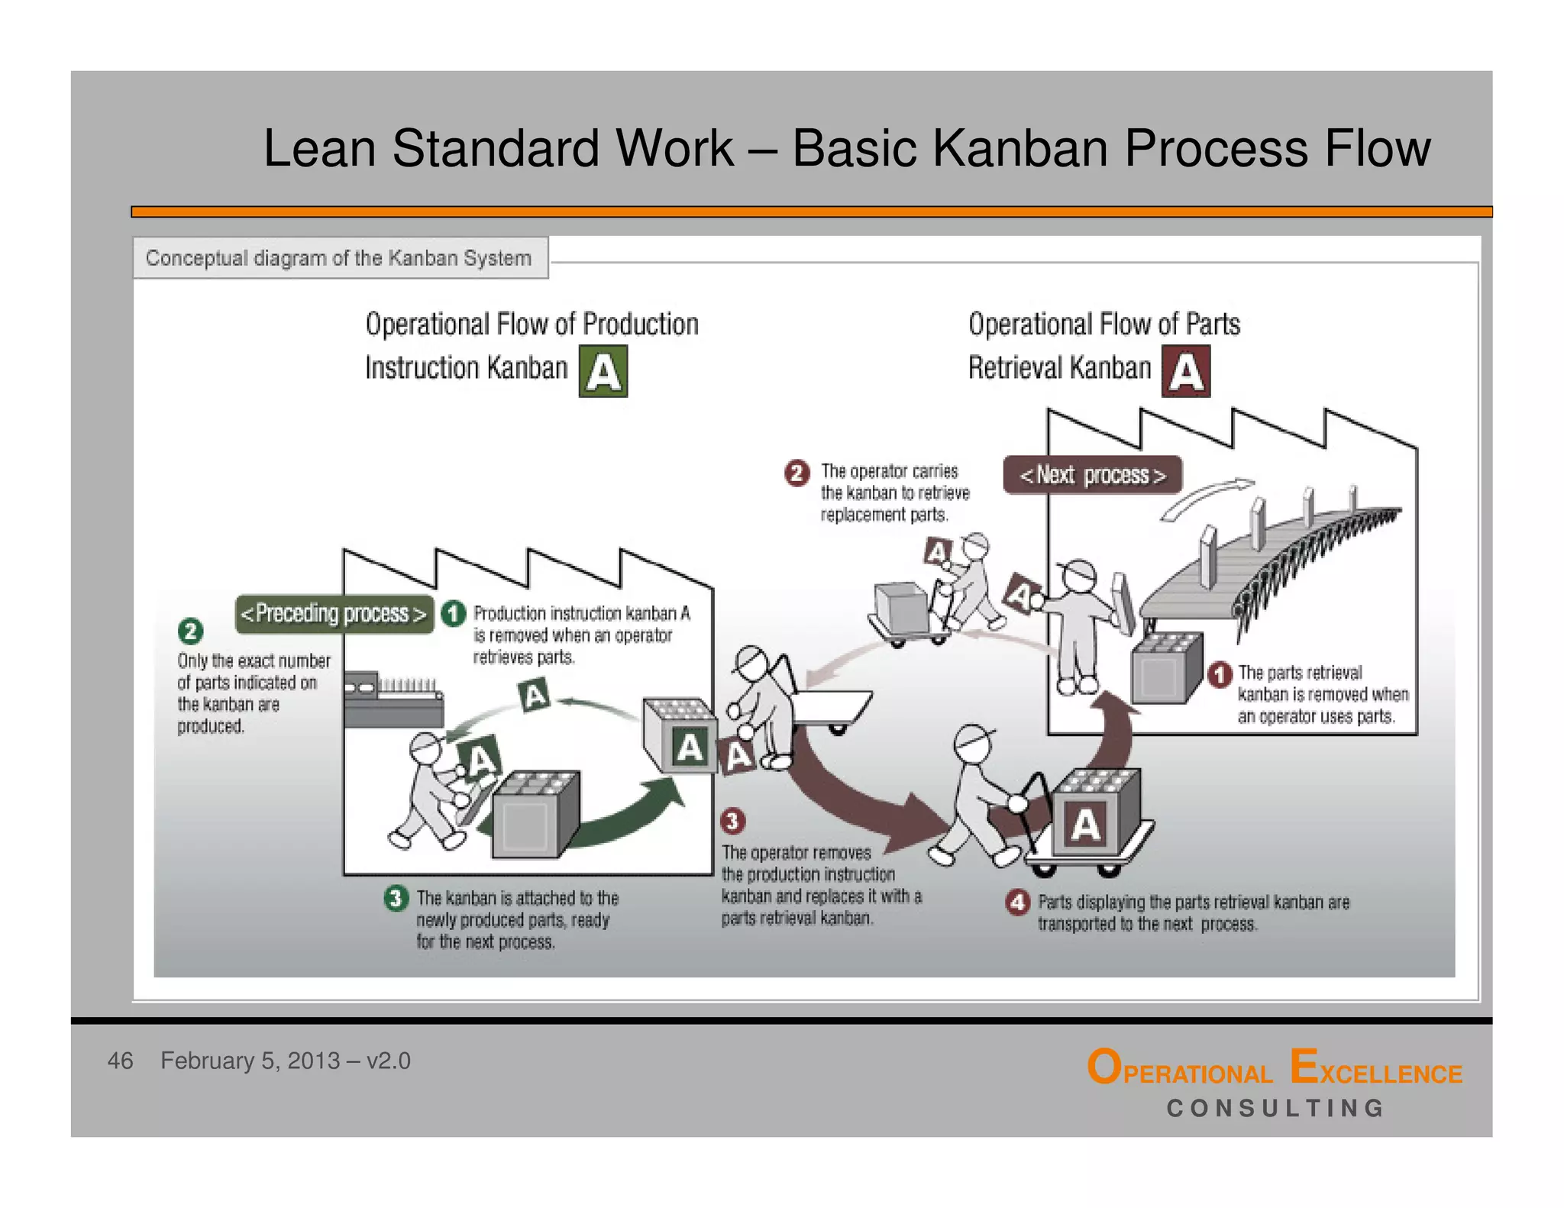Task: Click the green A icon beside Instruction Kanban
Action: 603,371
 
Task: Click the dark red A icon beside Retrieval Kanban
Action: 1185,371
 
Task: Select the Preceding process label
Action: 334,614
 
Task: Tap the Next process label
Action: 1092,475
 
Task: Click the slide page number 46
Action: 120,1061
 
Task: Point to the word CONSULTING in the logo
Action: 1275,1108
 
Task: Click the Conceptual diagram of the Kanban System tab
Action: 339,258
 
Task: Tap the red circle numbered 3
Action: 732,821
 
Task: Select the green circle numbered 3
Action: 396,898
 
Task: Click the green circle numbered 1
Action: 454,613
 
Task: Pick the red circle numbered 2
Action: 797,473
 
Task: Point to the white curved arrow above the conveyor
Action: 1207,499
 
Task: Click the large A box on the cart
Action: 1085,825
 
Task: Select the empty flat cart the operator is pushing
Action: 832,706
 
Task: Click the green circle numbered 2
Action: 190,631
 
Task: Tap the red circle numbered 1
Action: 1220,674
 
